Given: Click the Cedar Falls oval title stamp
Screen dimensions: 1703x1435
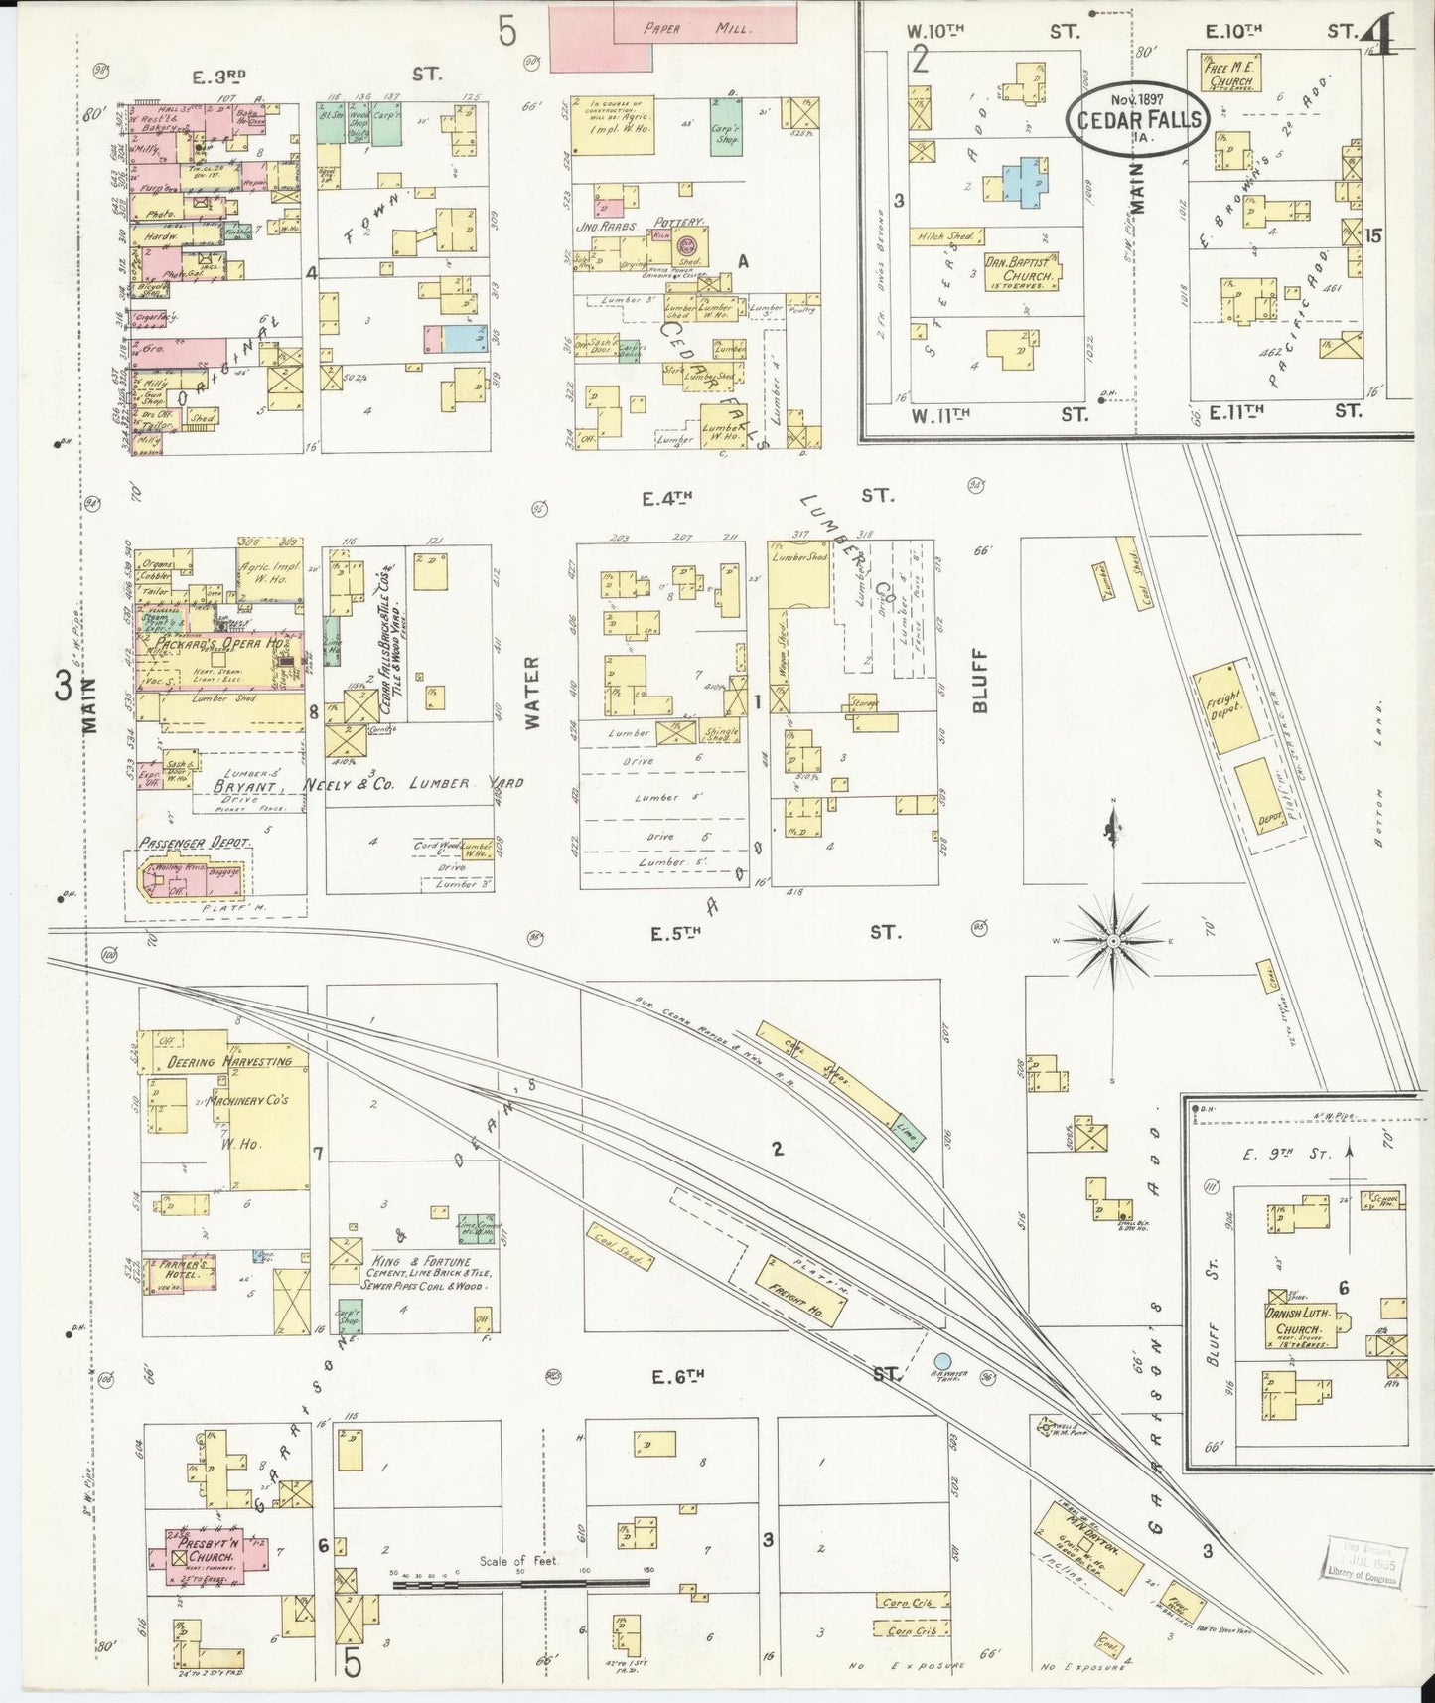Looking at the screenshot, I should point(1138,119).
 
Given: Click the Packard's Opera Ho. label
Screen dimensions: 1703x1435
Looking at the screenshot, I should point(207,644).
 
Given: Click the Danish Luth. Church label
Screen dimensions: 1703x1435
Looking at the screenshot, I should point(1297,1321).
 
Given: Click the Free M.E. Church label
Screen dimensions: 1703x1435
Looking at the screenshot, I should point(1229,75).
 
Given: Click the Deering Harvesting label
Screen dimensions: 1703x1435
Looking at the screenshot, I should point(228,1061).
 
